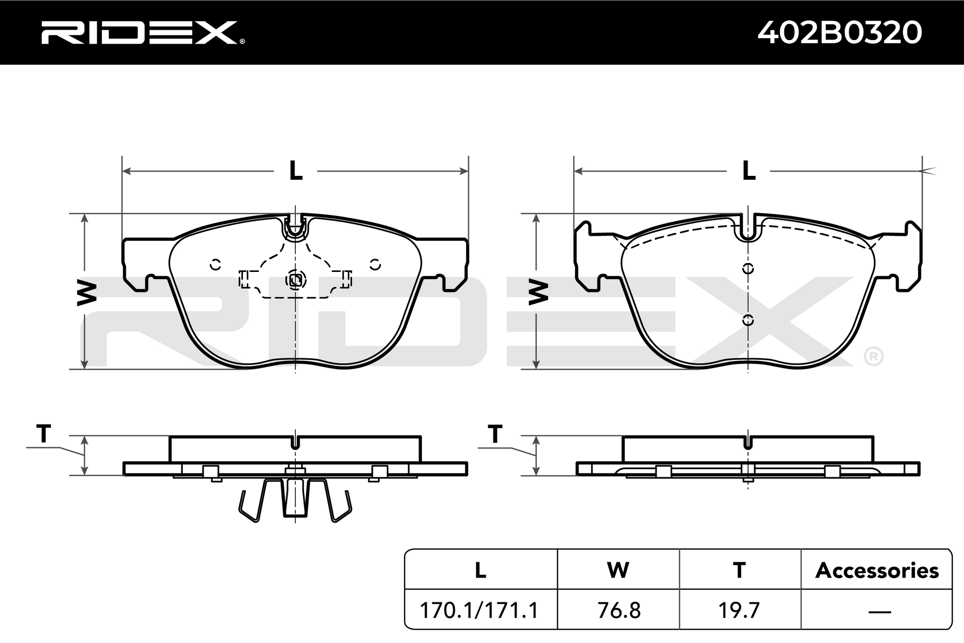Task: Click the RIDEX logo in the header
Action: coord(143,33)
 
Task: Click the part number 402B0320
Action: coord(840,33)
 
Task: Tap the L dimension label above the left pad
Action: coord(296,171)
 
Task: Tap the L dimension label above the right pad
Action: coord(749,171)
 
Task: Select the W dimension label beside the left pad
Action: coord(87,293)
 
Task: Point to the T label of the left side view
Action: coord(44,434)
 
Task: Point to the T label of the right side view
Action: coord(495,434)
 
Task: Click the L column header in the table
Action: coord(480,570)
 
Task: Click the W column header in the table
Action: coord(618,570)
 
